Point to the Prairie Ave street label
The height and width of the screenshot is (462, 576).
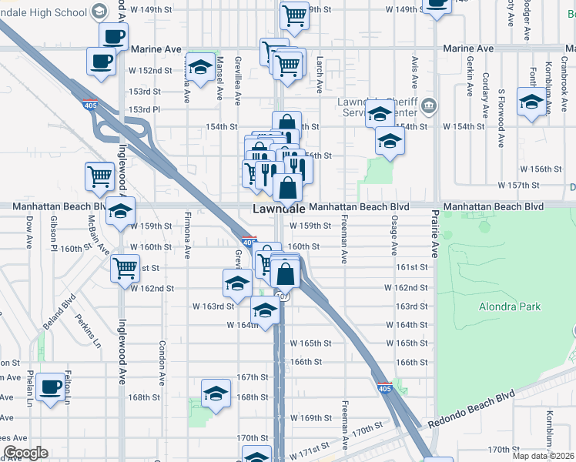434,236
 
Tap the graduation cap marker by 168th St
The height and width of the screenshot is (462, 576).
216,392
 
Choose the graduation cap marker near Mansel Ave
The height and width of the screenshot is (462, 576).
200,68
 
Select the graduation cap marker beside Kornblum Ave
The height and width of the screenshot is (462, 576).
531,102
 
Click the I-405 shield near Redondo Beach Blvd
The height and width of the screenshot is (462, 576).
384,389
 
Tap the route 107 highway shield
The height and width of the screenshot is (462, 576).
282,296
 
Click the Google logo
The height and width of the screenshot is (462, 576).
25,453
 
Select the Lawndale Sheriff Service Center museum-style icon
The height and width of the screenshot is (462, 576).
430,105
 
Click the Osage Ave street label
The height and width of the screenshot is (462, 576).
393,239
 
